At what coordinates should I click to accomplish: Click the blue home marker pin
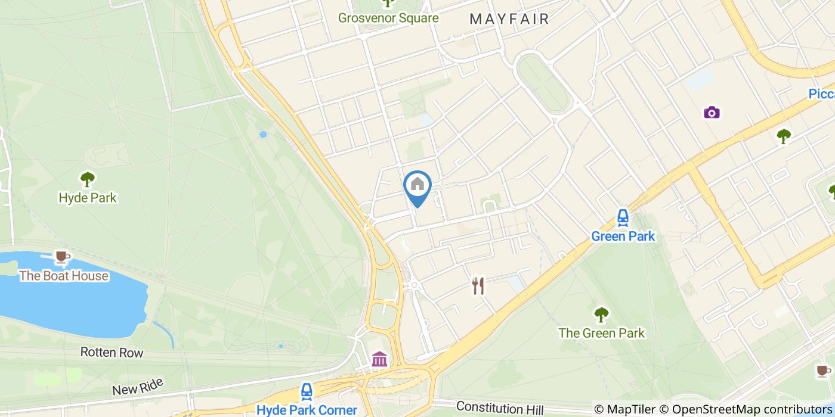[x=417, y=186]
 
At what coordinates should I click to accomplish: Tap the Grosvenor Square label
[x=388, y=18]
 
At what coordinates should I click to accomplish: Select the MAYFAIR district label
[x=509, y=19]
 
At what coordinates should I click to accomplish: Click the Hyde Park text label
[x=88, y=197]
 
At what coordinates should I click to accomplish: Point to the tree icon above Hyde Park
[x=88, y=178]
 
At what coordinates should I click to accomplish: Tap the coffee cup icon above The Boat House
[x=61, y=257]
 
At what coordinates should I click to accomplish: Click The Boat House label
[x=64, y=276]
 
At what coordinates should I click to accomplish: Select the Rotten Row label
[x=112, y=353]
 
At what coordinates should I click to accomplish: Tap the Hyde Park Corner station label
[x=307, y=410]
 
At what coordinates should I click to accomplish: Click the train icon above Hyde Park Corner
[x=307, y=391]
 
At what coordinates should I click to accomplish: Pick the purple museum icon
[x=379, y=359]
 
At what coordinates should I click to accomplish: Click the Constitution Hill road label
[x=500, y=408]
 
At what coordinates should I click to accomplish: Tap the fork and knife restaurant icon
[x=478, y=287]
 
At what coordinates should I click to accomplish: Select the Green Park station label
[x=623, y=236]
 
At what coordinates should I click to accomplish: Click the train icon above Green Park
[x=623, y=217]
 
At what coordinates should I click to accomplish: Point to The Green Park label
[x=601, y=333]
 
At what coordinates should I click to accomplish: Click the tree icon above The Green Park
[x=601, y=314]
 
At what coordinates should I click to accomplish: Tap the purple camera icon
[x=712, y=113]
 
